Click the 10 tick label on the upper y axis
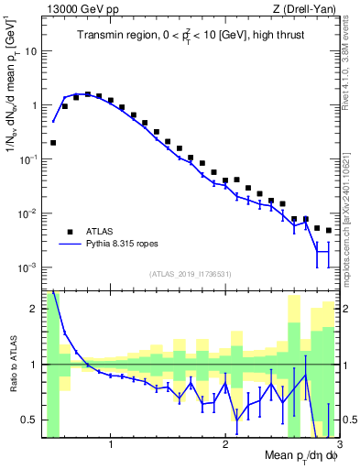31,51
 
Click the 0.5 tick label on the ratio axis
29,420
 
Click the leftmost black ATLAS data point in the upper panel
53,143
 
